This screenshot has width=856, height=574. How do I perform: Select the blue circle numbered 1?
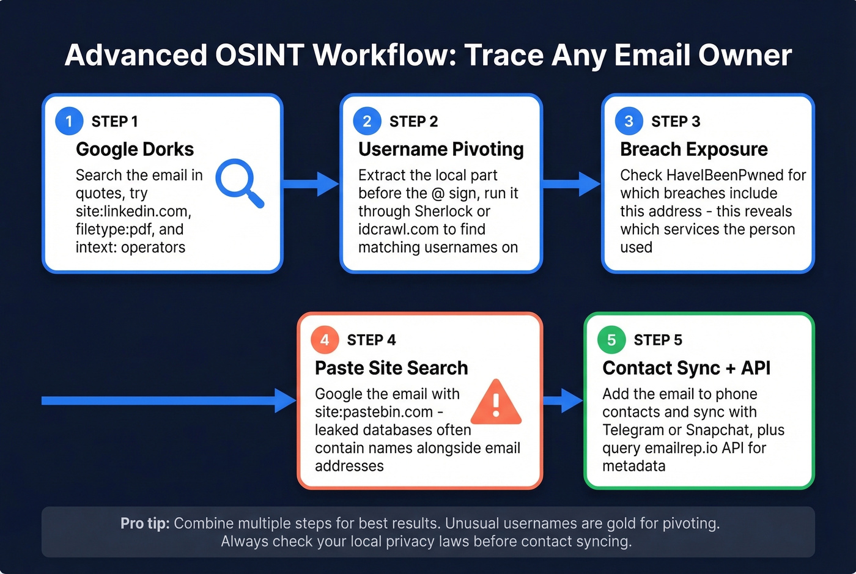69,121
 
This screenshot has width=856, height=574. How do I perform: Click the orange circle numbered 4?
325,340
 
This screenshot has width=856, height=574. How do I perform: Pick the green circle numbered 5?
611,340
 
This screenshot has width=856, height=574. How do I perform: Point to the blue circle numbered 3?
629,121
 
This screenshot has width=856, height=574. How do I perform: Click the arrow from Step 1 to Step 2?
311,183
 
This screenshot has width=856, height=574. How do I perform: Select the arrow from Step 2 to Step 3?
571,183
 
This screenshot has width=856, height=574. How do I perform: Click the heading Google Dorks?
135,149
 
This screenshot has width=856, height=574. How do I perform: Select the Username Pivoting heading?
441,149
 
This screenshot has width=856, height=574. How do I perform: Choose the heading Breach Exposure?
693,149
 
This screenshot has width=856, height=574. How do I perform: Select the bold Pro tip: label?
145,524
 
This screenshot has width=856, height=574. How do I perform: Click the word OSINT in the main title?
259,55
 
